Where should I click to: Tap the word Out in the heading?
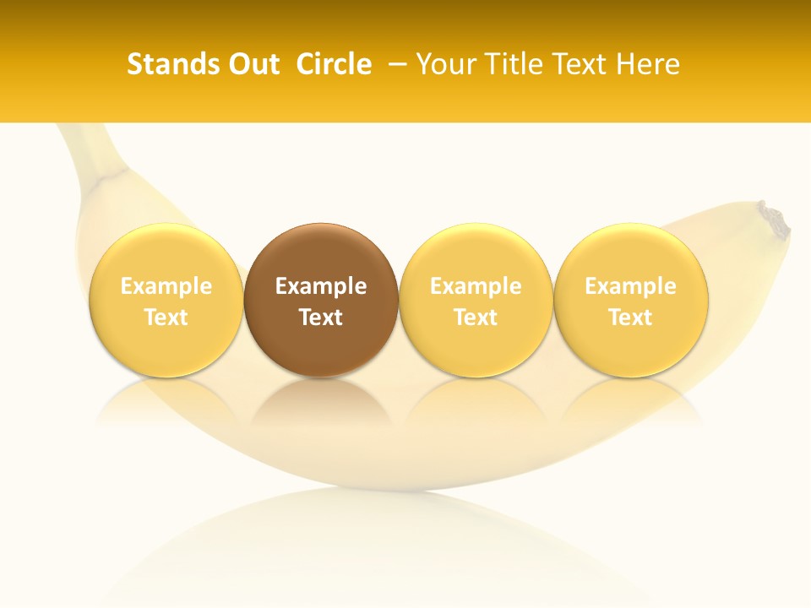pos(251,64)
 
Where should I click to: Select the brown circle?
pos(321,301)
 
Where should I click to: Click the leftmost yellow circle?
pos(166,301)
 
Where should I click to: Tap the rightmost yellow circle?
pos(630,301)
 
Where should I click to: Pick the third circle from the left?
pos(476,301)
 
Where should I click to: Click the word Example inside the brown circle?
pos(321,286)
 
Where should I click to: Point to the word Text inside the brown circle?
pos(321,318)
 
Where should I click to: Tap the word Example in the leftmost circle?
pos(166,286)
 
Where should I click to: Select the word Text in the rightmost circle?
pos(630,318)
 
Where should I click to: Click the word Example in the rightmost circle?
pos(630,286)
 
